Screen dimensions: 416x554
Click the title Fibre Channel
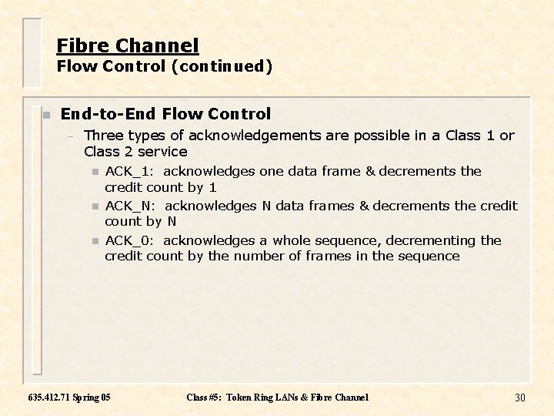coord(127,45)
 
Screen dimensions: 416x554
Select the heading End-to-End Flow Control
coord(165,114)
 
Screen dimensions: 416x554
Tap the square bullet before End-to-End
coord(45,115)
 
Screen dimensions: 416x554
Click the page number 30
coord(519,398)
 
